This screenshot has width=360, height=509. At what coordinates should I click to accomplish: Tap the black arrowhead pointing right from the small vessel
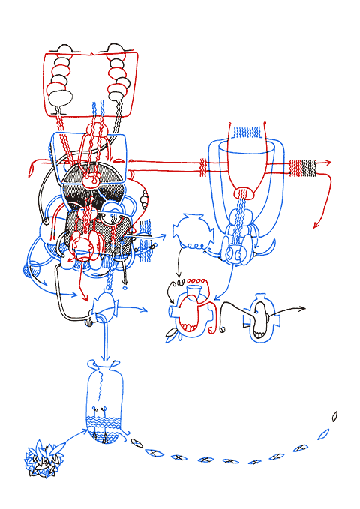pos(301,309)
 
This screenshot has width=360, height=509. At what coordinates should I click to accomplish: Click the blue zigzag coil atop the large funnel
pos(247,133)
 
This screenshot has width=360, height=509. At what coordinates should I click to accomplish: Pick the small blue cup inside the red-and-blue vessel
pos(195,289)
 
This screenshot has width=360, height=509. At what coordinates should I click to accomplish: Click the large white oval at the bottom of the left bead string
pos(59,95)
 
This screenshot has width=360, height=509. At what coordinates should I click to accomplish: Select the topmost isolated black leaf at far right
pos(335,415)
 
